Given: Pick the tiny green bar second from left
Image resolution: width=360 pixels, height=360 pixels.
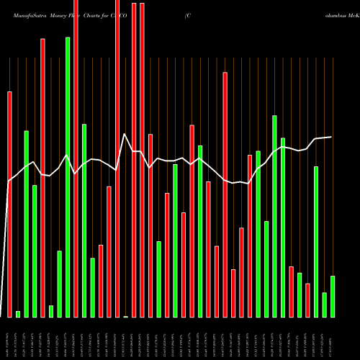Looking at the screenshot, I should [x=18, y=314].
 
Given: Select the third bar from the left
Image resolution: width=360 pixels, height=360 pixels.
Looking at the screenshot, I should [x=26, y=223].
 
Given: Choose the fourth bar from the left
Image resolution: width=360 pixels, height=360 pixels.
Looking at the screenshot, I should [x=35, y=251].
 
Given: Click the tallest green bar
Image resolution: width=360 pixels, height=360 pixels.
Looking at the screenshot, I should [x=68, y=177].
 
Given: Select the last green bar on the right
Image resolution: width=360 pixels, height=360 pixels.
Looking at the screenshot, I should [x=333, y=296].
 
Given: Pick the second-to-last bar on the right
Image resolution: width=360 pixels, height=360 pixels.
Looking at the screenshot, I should [x=324, y=305].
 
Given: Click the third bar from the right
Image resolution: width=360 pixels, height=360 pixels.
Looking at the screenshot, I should [x=315, y=241].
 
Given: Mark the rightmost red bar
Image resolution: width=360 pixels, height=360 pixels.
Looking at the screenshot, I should [x=307, y=300].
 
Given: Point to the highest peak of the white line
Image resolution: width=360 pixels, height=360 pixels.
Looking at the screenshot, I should [x=125, y=134].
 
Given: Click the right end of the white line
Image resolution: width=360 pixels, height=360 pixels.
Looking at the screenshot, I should [x=331, y=137].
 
